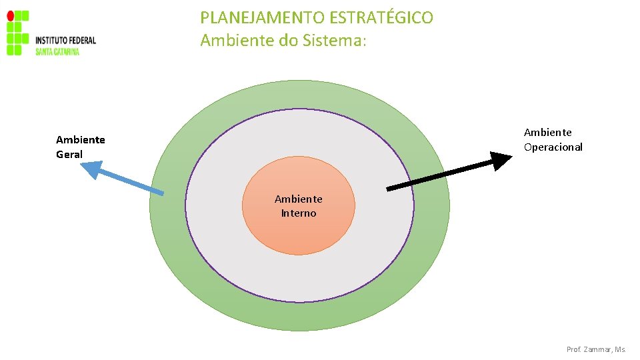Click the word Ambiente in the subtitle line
click(231, 41)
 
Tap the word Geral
click(69, 155)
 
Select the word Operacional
click(553, 147)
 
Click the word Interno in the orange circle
click(299, 213)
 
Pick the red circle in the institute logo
click(10, 15)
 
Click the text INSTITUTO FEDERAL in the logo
click(65, 41)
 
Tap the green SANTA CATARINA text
click(57, 51)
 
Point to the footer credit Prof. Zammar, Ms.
click(596, 349)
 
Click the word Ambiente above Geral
click(81, 140)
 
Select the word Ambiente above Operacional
click(547, 133)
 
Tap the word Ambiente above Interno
click(299, 199)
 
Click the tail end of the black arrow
click(389, 189)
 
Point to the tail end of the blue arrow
click(162, 193)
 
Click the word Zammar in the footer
click(597, 349)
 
